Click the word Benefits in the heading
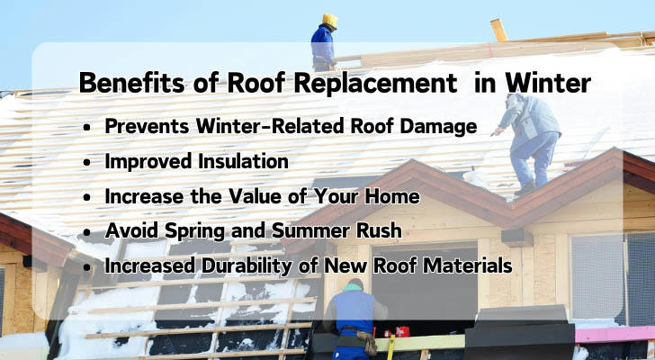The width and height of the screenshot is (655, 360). tap(131, 83)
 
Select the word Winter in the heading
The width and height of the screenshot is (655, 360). tap(548, 83)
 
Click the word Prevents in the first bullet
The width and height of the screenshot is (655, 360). tap(147, 126)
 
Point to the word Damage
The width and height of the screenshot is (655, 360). tap(438, 127)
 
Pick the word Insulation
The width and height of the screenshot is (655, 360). tap(243, 161)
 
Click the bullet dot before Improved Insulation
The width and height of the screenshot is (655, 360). tap(86, 163)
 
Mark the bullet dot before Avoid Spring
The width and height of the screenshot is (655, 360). tap(86, 232)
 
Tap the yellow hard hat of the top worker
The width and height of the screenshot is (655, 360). tap(330, 21)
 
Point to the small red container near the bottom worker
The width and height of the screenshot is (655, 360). tap(402, 331)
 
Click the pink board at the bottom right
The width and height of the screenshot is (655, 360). tap(615, 335)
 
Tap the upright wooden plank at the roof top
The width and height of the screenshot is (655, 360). tap(498, 30)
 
